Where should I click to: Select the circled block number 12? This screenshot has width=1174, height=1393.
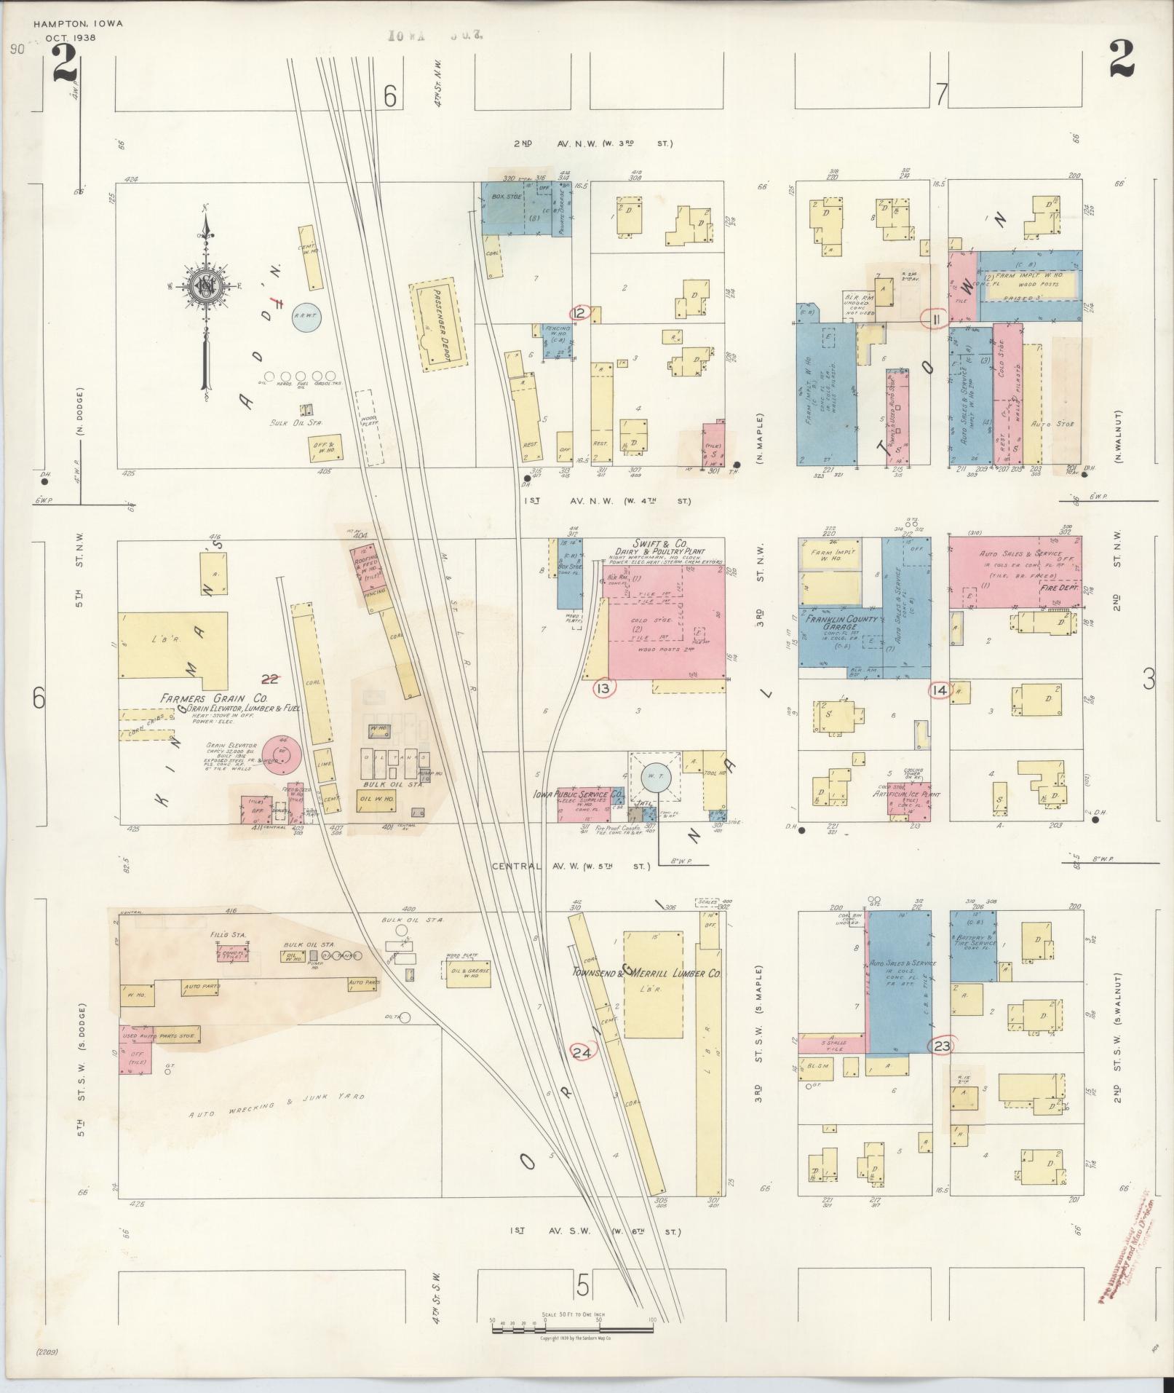point(580,313)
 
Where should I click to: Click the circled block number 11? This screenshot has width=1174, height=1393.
point(935,318)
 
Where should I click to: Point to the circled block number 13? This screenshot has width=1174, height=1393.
point(604,687)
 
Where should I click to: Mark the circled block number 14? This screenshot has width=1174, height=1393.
point(940,690)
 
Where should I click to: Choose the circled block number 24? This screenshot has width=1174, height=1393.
point(582,1051)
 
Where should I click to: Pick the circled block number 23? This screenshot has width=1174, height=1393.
point(942,1045)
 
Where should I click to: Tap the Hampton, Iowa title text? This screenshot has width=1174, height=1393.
point(78,23)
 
